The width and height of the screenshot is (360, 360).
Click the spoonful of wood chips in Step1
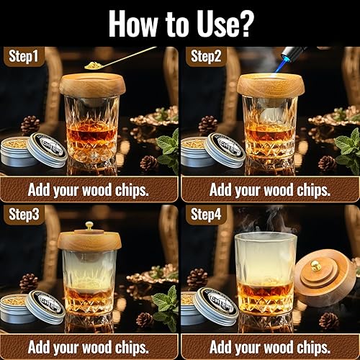click(94, 66)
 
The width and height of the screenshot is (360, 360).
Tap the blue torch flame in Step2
click(279, 64)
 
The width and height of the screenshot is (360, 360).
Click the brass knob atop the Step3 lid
click(89, 225)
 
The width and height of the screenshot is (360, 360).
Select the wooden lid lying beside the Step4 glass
click(324, 277)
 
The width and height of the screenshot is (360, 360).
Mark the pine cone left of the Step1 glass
click(30, 125)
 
